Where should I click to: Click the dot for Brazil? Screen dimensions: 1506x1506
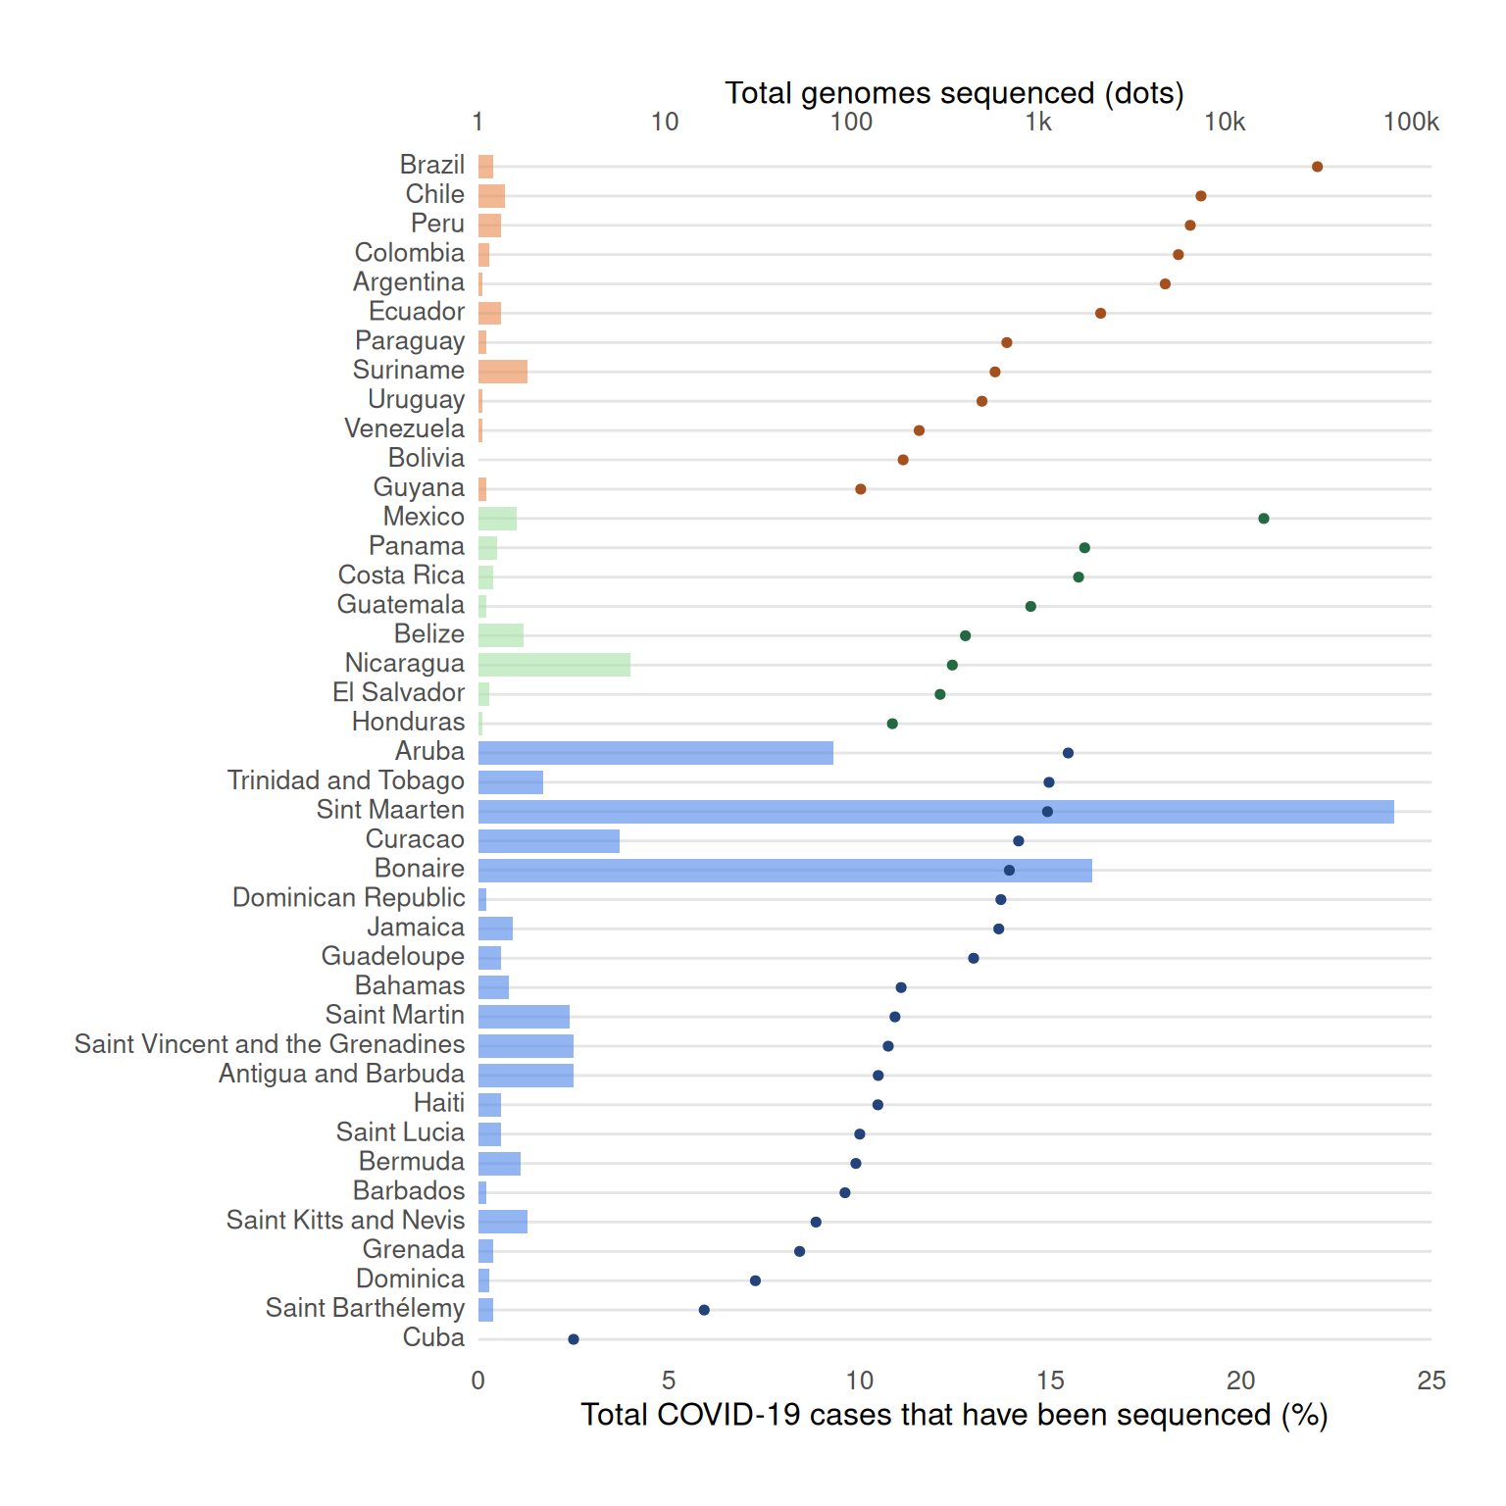[x=1317, y=167]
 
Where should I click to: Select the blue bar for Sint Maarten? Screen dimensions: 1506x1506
[x=935, y=812]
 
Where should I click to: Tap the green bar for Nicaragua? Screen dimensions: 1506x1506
[x=554, y=665]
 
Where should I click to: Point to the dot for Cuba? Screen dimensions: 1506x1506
[x=574, y=1339]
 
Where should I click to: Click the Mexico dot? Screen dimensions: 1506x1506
[x=1264, y=519]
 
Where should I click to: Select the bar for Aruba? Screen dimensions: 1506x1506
[x=655, y=753]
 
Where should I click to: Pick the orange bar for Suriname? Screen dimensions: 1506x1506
[x=503, y=372]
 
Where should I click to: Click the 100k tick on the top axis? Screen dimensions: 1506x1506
[x=1411, y=123]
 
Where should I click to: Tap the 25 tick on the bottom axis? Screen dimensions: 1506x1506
[x=1431, y=1380]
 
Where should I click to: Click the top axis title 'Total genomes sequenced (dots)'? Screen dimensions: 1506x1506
[x=954, y=93]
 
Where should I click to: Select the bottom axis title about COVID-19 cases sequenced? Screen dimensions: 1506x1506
[x=954, y=1415]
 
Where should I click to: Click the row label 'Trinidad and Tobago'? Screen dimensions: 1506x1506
[x=346, y=780]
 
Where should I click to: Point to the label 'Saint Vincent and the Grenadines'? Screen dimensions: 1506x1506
[x=270, y=1044]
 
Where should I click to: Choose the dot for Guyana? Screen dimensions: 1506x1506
[x=860, y=489]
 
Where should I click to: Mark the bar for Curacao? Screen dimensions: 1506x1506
[x=549, y=841]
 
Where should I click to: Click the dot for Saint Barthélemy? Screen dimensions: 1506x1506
[x=704, y=1310]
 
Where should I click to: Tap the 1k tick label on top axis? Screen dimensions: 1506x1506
[x=1038, y=123]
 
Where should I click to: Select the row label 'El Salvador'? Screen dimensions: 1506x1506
[x=398, y=693]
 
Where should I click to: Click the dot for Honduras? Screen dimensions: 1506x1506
[x=892, y=724]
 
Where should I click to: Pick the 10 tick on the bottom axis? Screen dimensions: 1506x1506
[x=859, y=1380]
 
